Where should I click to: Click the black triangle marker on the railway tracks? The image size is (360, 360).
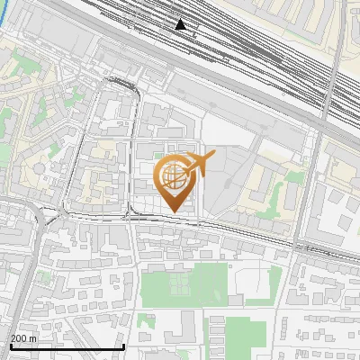tap(181, 24)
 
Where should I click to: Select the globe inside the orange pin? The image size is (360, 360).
tap(174, 177)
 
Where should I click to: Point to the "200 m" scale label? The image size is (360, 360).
tap(23, 338)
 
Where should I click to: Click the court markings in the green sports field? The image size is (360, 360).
tap(180, 286)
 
